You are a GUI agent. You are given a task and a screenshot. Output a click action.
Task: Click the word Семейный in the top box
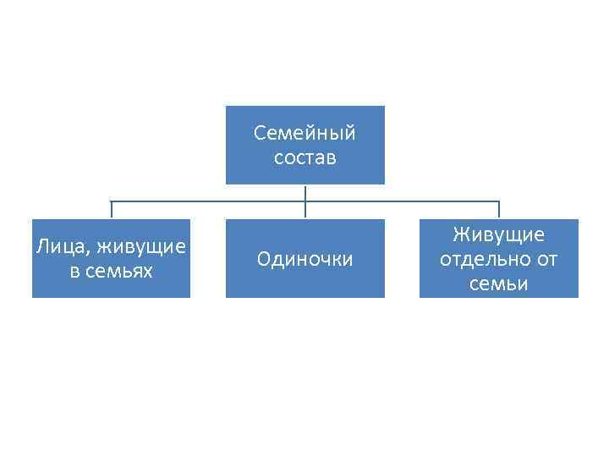click(x=305, y=134)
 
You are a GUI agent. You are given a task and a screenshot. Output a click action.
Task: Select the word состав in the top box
click(x=305, y=158)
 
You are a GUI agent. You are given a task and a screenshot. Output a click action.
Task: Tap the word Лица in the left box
click(x=62, y=247)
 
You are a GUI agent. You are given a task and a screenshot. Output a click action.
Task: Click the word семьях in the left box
click(x=123, y=271)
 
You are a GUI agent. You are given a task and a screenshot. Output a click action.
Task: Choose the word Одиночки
click(x=304, y=259)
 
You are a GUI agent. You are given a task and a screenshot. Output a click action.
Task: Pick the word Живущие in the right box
click(x=499, y=234)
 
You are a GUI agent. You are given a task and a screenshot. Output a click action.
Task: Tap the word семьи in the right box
click(x=499, y=284)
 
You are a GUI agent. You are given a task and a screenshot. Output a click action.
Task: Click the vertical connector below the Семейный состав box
click(x=305, y=193)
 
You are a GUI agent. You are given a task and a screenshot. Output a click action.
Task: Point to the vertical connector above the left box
click(x=111, y=211)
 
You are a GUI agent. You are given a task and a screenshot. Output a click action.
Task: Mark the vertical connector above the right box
click(x=499, y=211)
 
